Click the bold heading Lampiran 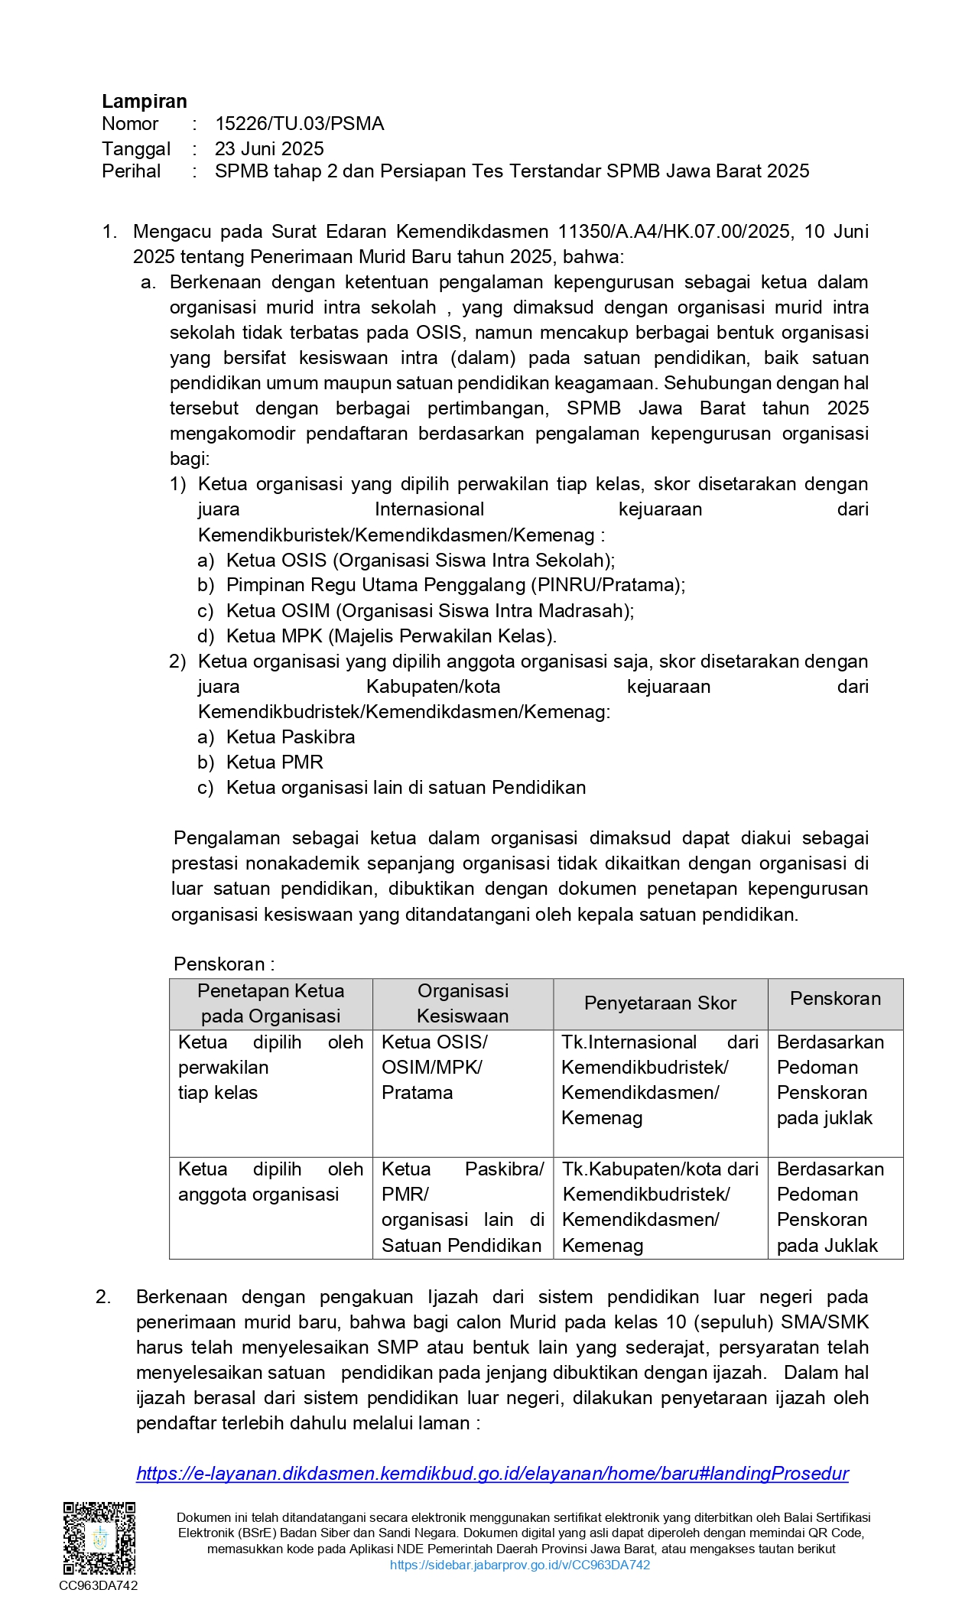pos(144,102)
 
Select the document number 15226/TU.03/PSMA pos(299,124)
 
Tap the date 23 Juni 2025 pos(269,148)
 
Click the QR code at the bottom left pos(99,1538)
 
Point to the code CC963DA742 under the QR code pos(99,1585)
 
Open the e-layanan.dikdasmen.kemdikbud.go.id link pos(492,1473)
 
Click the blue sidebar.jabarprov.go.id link pos(520,1565)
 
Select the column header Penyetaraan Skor pos(660,1003)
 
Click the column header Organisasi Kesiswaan pos(463,1003)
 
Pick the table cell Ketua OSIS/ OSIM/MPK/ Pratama pos(434,1068)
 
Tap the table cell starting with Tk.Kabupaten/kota pos(660,1207)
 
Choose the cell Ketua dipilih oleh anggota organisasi pos(270,1182)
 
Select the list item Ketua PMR pos(275,762)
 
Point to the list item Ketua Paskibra pos(291,737)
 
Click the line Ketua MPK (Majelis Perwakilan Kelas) pos(391,636)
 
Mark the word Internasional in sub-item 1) pos(429,509)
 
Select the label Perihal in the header pos(132,171)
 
